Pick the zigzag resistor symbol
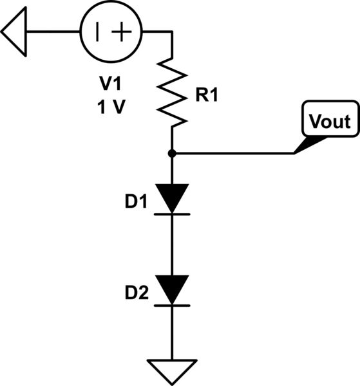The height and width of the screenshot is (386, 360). [172, 91]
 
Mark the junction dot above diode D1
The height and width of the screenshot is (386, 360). [172, 153]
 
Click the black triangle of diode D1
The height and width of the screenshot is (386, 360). [172, 197]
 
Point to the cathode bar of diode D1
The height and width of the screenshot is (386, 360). [172, 214]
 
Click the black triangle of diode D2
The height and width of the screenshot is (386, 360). [172, 288]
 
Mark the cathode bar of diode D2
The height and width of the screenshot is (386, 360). [172, 305]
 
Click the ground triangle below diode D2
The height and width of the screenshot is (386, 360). [172, 369]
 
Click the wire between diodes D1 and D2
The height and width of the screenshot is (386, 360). [172, 244]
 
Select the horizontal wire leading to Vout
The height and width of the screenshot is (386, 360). [232, 153]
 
